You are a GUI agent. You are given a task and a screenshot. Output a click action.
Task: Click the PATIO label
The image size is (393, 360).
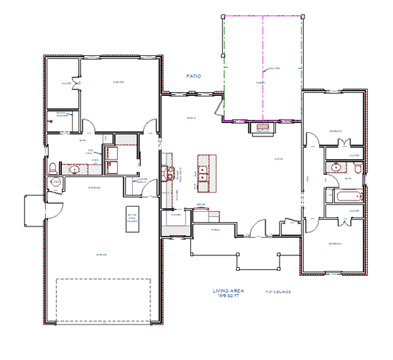[192, 75]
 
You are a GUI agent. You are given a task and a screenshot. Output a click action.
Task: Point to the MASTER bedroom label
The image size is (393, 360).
[116, 83]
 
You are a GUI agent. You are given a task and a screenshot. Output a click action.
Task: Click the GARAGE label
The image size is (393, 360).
[102, 255]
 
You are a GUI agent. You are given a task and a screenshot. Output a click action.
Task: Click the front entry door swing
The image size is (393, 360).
[257, 227]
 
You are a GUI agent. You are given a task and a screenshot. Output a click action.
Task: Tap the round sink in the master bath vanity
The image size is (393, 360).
[74, 169]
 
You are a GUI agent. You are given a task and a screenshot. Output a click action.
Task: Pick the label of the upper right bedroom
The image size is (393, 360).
[336, 131]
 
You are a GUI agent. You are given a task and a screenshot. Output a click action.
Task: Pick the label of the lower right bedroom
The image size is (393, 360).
[335, 243]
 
